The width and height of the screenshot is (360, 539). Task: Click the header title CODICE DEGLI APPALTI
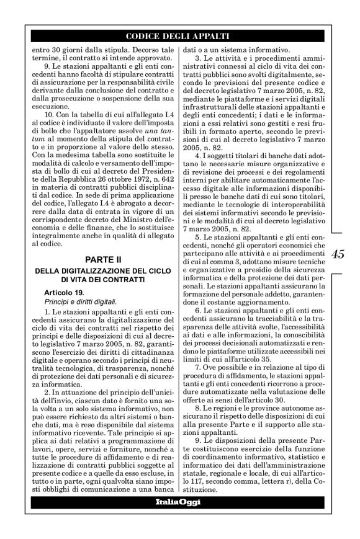(179, 37)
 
